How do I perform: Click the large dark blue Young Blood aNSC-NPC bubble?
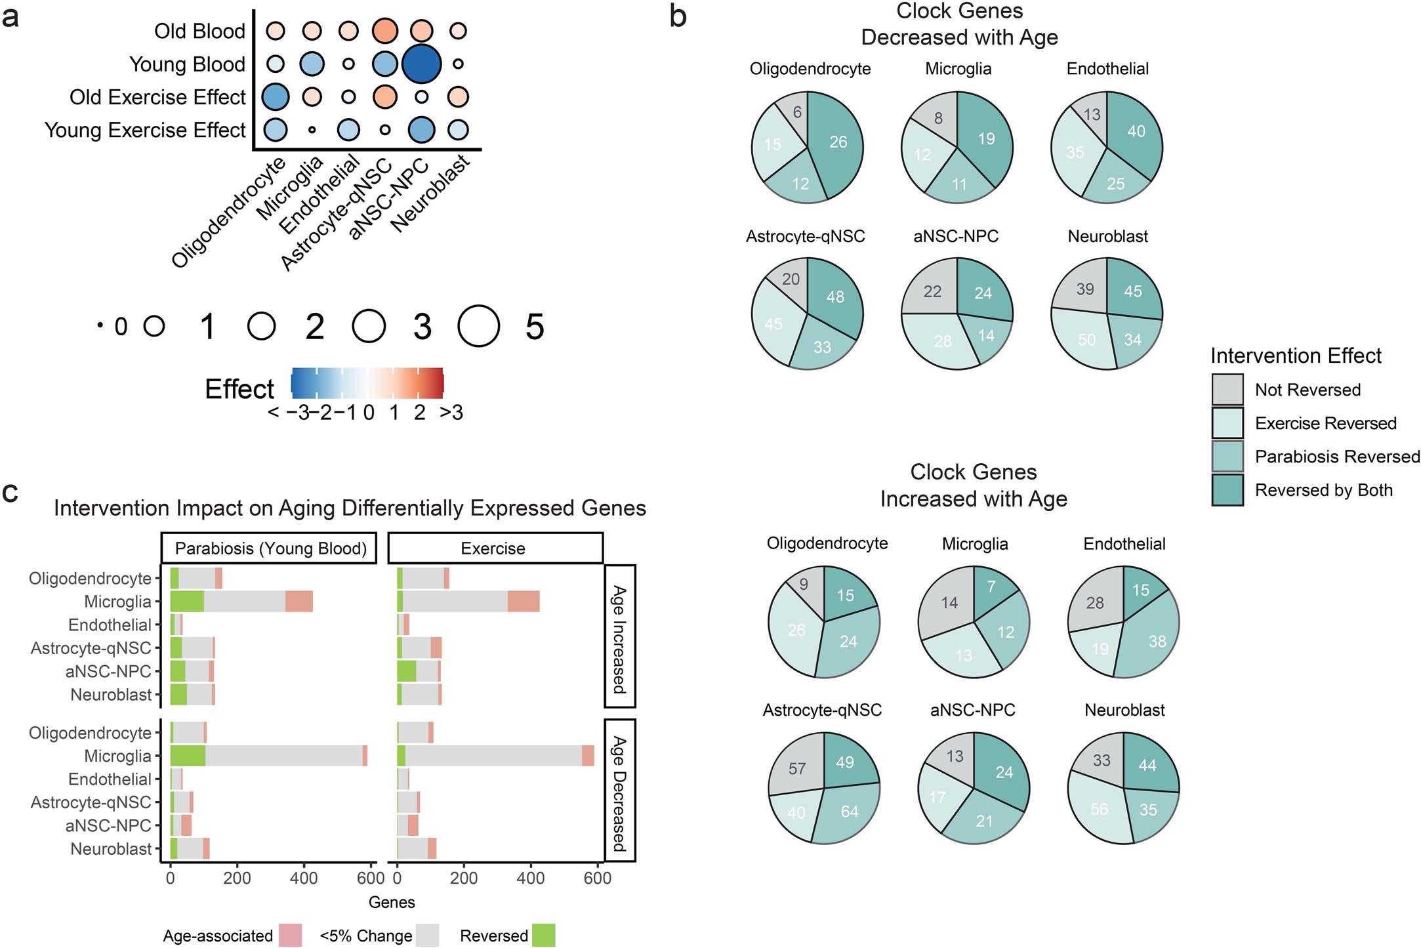tap(421, 64)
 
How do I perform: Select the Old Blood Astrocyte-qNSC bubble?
tap(384, 31)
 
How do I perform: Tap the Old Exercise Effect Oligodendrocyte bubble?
tap(275, 97)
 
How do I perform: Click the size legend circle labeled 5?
tap(479, 326)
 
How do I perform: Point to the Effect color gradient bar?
tap(367, 382)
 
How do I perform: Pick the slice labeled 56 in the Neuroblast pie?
tap(1099, 809)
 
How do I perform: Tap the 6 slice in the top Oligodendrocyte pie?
tap(796, 112)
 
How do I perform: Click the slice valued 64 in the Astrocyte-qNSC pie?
tap(848, 811)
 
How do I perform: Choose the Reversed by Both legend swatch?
tap(1227, 490)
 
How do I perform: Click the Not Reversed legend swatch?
tap(1227, 390)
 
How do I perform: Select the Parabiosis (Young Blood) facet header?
tap(270, 548)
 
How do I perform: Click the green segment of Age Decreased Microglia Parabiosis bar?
tap(188, 756)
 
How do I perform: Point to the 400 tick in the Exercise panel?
tap(530, 878)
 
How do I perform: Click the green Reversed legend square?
tap(543, 935)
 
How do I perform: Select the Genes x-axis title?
tap(392, 902)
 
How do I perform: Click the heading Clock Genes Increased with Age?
tap(973, 485)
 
